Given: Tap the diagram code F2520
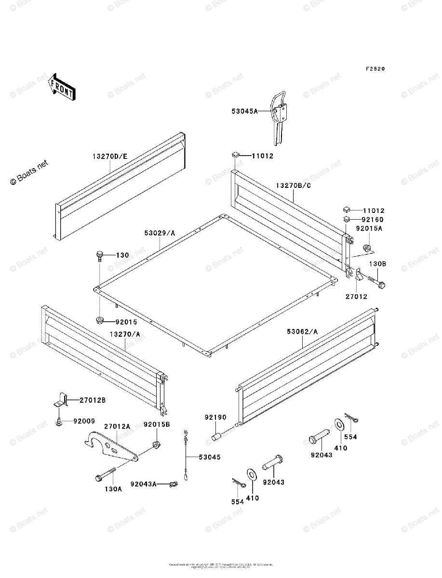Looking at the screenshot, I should coord(375,69).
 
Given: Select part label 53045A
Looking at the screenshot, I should coord(244,111).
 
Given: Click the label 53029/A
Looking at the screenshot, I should coord(160,233).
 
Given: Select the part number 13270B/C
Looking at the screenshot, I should coord(294,185).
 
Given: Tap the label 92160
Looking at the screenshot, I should coord(374,220).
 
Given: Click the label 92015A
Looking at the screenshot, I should coord(369,229).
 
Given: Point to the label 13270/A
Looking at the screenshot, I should coord(125,334).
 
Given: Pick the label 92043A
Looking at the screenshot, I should coord(143,484).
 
